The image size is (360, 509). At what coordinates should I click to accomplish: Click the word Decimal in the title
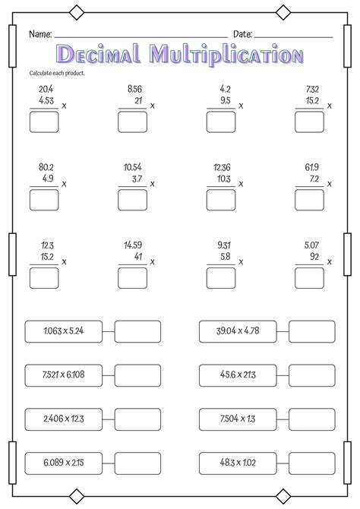99,54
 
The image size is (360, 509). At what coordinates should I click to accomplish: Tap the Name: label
40,35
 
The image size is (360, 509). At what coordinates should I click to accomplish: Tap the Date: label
242,35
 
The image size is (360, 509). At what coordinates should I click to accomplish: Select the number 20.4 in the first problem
45,89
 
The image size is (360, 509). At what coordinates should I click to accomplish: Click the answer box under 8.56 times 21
132,122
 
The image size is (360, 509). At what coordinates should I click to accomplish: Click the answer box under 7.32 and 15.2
309,122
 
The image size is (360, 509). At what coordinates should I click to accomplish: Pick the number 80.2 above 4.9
45,166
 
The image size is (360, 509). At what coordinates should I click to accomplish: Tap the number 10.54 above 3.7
133,166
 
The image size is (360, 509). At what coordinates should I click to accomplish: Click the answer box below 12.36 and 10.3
220,200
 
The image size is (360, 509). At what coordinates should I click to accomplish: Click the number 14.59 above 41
133,245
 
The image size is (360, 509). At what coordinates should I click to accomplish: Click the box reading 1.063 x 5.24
63,331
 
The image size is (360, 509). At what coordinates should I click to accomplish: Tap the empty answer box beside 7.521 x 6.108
137,375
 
